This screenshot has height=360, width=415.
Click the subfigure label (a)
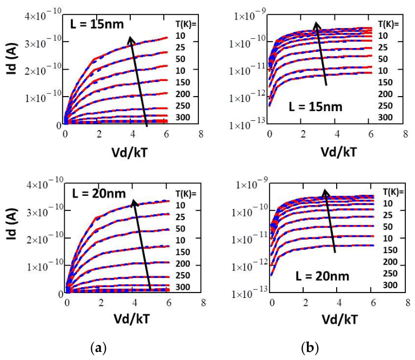[98, 348]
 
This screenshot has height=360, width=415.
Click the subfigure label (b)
[310, 348]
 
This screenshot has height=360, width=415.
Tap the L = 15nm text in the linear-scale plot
[97, 24]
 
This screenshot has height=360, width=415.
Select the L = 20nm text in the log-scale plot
[323, 276]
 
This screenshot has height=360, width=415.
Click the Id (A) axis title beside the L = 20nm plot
[12, 224]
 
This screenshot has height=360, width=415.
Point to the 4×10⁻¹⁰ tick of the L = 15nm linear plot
[43, 15]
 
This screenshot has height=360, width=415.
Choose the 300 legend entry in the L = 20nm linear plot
[183, 287]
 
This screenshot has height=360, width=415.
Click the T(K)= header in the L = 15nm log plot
[388, 24]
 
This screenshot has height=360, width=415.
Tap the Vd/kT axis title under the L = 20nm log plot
[340, 320]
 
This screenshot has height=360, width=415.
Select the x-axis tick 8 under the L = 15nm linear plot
[201, 134]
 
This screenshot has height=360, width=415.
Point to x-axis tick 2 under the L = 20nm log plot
[306, 303]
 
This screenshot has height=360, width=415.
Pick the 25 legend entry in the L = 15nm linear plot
[180, 47]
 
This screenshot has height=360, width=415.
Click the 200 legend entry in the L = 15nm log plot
[385, 94]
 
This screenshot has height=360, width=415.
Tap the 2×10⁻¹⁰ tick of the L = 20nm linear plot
[45, 239]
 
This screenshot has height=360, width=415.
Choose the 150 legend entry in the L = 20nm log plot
[390, 250]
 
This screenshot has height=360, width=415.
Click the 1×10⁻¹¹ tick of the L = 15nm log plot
[247, 70]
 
